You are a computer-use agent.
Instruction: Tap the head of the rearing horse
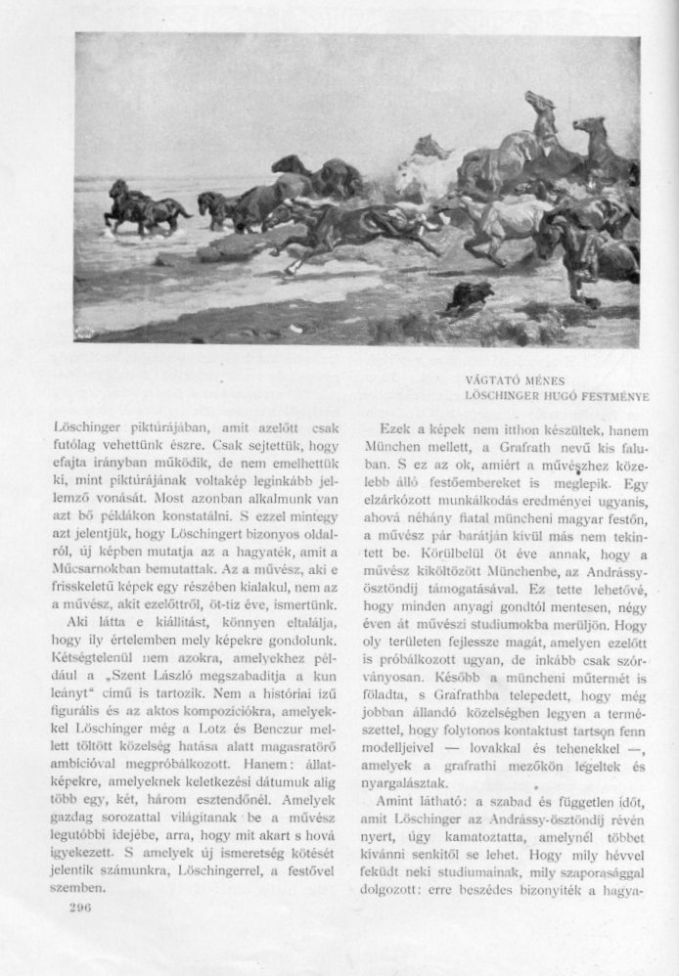pyautogui.click(x=537, y=102)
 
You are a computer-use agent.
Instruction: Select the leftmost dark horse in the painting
pyautogui.click(x=123, y=202)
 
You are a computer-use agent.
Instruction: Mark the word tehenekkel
pyautogui.click(x=568, y=753)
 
